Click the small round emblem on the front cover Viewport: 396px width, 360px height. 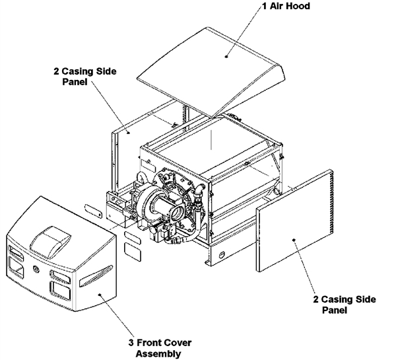[x=36, y=270]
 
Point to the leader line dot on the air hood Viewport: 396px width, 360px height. [x=226, y=57]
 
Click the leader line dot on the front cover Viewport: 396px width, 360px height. [x=98, y=295]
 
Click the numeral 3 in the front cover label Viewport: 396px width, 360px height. [x=129, y=342]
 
